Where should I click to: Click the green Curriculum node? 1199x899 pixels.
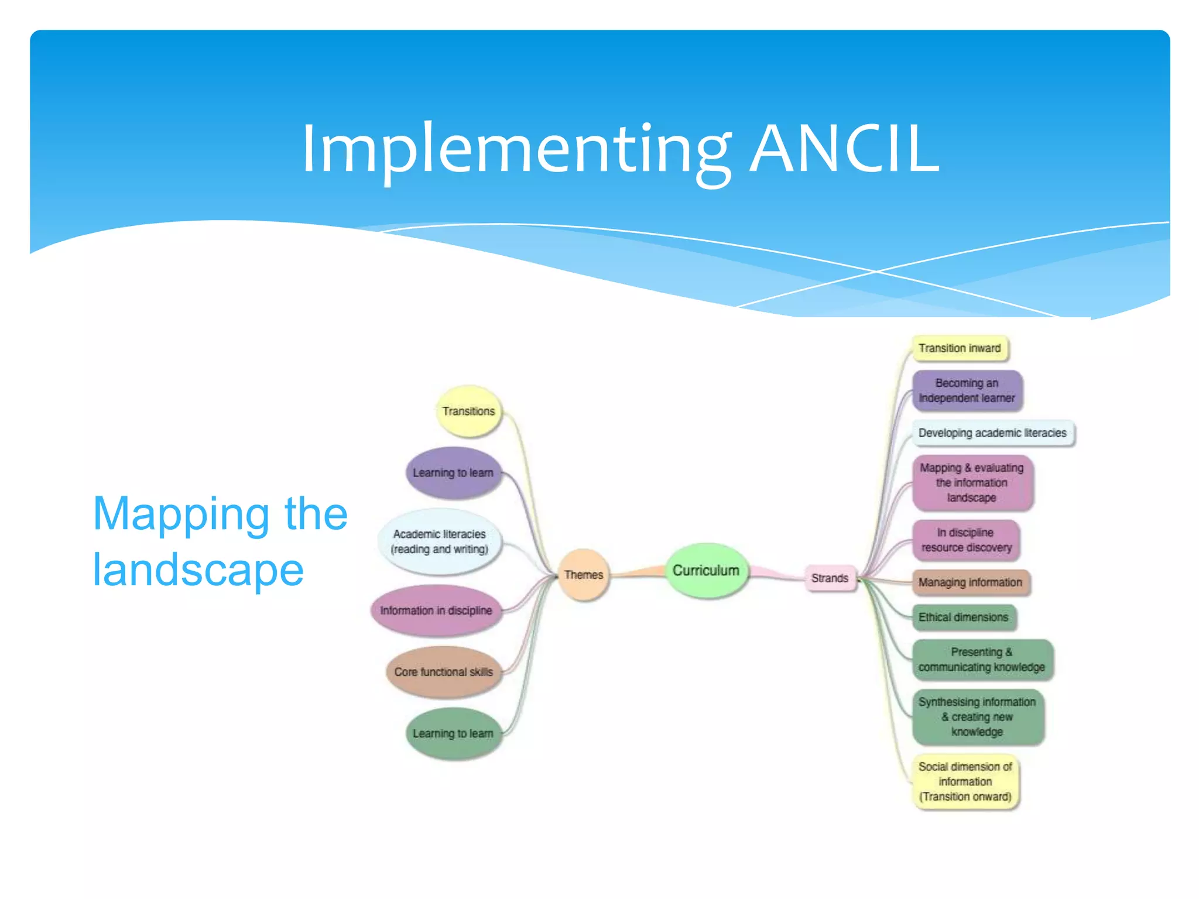pos(706,571)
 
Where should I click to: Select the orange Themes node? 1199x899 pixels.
pos(584,575)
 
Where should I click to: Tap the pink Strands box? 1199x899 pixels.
pos(830,578)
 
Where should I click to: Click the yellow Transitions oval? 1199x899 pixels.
pos(468,411)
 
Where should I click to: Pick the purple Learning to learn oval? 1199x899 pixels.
pos(453,472)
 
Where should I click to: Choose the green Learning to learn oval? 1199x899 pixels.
pos(453,733)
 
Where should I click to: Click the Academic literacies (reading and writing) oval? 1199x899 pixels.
pos(440,541)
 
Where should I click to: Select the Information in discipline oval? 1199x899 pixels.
pos(436,610)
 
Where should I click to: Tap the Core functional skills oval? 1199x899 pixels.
pos(444,672)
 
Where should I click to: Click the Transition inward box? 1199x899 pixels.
pos(960,348)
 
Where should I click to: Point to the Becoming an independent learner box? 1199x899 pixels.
pos(967,390)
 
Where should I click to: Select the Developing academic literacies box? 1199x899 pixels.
pos(992,433)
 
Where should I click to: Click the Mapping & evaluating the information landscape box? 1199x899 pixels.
pos(972,483)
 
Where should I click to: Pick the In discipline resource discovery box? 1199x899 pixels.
pos(966,540)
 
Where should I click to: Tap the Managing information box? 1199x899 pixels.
pos(970,582)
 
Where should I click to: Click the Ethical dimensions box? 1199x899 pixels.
pos(963,617)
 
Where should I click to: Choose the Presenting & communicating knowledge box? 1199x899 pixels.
pos(982,660)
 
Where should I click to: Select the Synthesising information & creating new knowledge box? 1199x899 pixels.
pos(977,717)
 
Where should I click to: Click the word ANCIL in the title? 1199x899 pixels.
pos(845,149)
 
